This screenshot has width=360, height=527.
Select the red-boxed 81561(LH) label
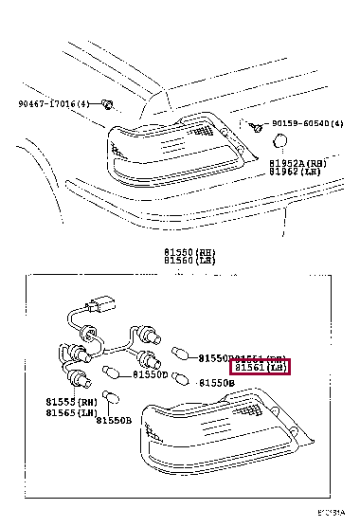point(261,369)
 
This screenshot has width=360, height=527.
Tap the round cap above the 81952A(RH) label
point(280,142)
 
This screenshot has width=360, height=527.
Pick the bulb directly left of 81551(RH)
point(180,358)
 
